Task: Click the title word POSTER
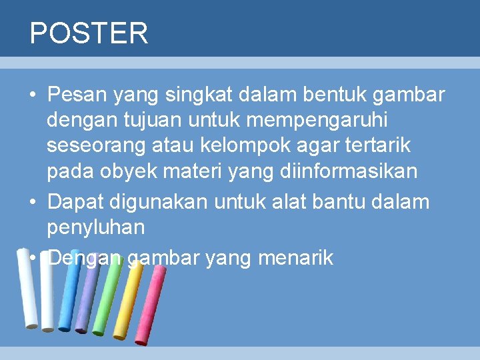click(x=89, y=33)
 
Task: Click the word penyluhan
click(x=95, y=227)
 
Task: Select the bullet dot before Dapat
click(x=32, y=201)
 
